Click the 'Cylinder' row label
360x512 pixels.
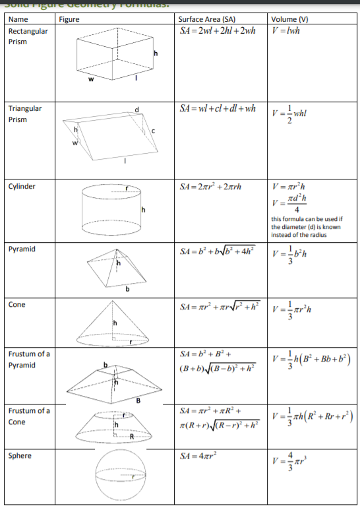click(22, 186)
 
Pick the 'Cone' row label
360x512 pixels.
click(17, 304)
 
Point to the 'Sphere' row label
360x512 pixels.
click(20, 455)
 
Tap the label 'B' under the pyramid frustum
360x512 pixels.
click(138, 398)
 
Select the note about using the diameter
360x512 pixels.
click(307, 227)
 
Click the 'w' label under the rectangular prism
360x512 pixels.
click(92, 82)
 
